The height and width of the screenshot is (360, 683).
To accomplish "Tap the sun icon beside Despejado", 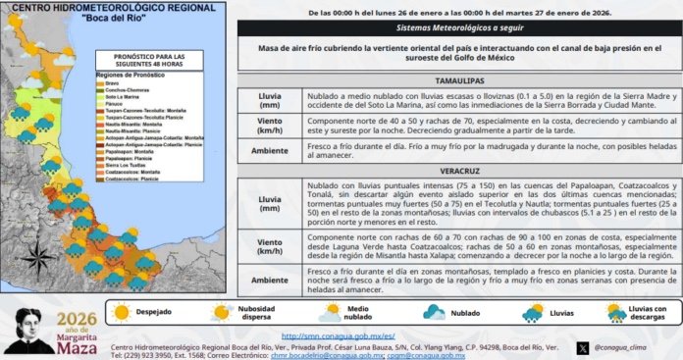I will [x=122, y=313].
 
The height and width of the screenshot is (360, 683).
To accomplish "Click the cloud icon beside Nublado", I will [x=434, y=313].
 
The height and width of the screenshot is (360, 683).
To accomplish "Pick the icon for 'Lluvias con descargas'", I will [x=615, y=313].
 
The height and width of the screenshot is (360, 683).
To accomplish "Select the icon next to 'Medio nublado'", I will [x=326, y=313].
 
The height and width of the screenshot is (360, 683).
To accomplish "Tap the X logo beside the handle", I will [x=586, y=347].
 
